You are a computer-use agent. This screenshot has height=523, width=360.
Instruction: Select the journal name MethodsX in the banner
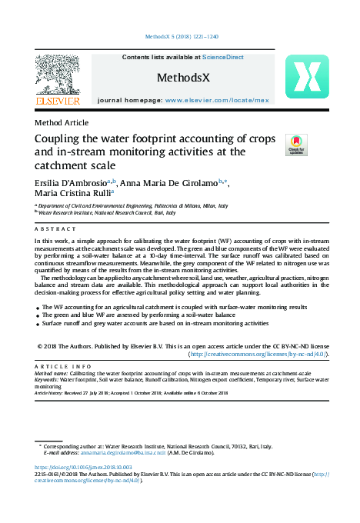(x=183, y=78)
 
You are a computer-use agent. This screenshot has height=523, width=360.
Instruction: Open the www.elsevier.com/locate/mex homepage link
(x=217, y=100)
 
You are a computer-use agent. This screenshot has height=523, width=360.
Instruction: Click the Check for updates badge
(x=296, y=145)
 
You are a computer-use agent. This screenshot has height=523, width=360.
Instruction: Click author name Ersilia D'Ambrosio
(x=70, y=182)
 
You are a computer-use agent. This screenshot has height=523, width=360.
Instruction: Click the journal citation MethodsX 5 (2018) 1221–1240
(x=182, y=36)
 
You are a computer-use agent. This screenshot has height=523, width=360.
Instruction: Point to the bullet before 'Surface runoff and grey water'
(x=38, y=325)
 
